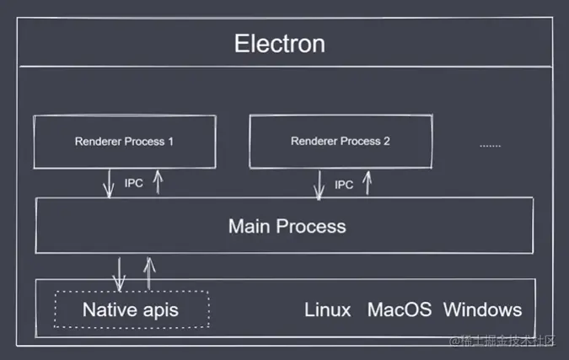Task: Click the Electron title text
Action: [279, 43]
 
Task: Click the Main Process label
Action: [287, 226]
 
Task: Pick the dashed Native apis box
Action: [131, 309]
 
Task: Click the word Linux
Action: [327, 309]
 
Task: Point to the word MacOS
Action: [399, 309]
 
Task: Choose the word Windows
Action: [482, 309]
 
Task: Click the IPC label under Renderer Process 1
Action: [133, 183]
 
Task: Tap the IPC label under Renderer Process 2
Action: [344, 184]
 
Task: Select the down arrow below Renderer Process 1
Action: [109, 184]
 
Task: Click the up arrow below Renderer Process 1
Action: [157, 182]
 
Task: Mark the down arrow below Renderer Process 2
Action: [319, 185]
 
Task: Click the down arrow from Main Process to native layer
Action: [120, 273]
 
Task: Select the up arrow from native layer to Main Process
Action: [148, 271]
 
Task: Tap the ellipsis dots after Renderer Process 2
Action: [490, 145]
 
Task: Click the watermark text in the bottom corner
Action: [503, 341]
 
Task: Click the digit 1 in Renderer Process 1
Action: [171, 141]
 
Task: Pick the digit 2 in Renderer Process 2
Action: [387, 141]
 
